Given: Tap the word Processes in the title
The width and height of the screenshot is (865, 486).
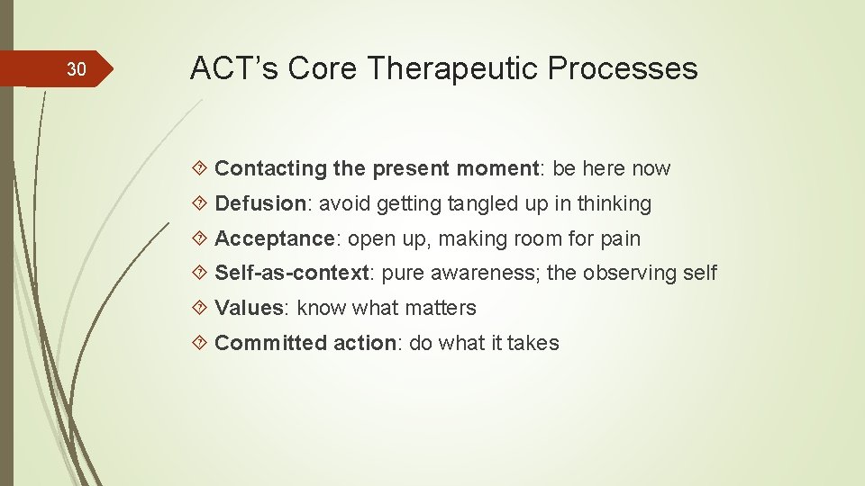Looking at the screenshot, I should click(632, 67).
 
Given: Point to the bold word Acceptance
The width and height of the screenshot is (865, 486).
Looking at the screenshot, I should click(274, 238).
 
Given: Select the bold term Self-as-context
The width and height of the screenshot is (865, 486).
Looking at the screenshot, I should click(292, 273).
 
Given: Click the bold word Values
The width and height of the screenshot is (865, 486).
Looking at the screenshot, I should click(249, 308).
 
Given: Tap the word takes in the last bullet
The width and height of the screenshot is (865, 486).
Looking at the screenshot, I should click(533, 343).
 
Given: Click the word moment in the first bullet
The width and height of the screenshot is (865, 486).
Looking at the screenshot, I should click(500, 168).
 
